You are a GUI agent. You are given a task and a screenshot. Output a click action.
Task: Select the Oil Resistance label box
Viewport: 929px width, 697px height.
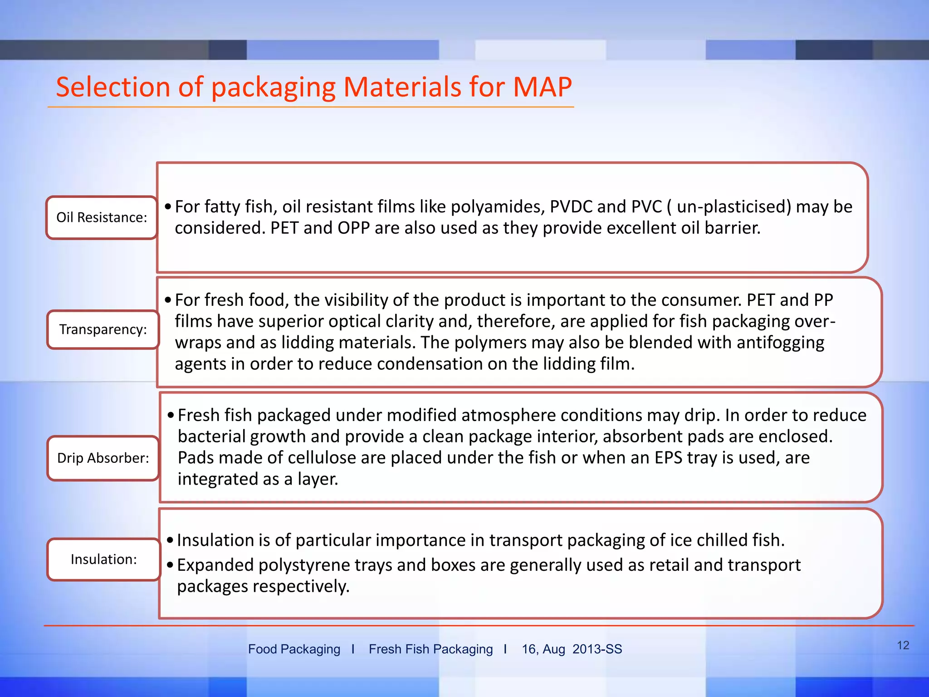pos(102,217)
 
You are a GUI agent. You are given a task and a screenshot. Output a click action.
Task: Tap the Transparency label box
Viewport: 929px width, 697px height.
pos(103,329)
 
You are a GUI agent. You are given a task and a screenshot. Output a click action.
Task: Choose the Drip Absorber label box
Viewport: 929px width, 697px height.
pos(103,458)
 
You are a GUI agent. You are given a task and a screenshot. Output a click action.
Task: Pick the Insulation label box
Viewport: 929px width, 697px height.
pos(103,559)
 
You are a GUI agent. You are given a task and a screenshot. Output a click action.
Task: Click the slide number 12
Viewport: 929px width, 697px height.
pos(903,645)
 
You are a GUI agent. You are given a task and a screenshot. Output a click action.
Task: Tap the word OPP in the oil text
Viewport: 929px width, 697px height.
pos(353,228)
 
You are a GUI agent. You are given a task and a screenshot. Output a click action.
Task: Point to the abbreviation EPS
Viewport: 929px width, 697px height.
pos(668,457)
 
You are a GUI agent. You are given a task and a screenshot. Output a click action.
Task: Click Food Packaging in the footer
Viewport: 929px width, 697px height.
pos(294,649)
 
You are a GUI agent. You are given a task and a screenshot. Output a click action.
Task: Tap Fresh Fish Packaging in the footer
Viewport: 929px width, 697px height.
pos(430,649)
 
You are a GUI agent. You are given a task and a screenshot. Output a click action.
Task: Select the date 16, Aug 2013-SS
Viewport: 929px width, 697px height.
pos(572,649)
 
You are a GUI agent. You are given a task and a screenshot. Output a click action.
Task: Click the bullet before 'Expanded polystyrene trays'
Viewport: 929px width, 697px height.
pos(170,565)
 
